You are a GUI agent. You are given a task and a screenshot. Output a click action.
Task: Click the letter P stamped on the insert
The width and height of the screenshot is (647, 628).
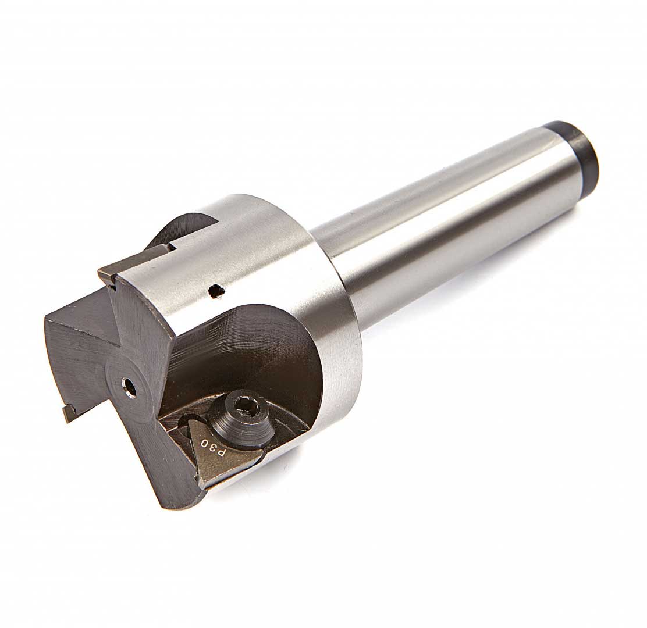point(222,454)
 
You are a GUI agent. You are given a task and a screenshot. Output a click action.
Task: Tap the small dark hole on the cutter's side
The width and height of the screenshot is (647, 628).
point(215,291)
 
